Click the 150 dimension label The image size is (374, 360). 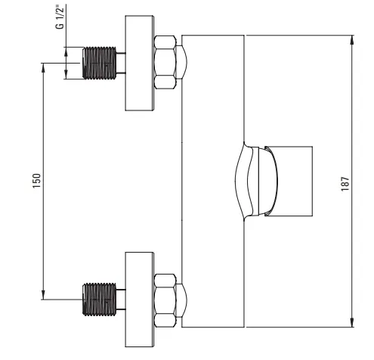[36, 181]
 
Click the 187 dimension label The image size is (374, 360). [345, 184]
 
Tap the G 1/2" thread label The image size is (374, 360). [60, 17]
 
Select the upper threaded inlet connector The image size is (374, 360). [99, 63]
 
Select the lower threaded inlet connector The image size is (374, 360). [99, 299]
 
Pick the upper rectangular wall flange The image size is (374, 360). [140, 63]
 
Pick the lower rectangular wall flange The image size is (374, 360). [140, 299]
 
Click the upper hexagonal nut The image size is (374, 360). [165, 62]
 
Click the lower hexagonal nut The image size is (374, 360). [165, 300]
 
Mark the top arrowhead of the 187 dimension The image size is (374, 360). [352, 40]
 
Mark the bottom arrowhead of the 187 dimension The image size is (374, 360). [352, 322]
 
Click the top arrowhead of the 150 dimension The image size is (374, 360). [43, 68]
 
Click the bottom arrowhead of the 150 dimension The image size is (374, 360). [43, 294]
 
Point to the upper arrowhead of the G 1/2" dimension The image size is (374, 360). [66, 51]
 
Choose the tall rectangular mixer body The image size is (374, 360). [213, 182]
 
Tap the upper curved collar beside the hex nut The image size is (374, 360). [182, 62]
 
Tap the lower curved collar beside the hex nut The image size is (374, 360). [182, 300]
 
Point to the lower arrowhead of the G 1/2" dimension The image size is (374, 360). [66, 75]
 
